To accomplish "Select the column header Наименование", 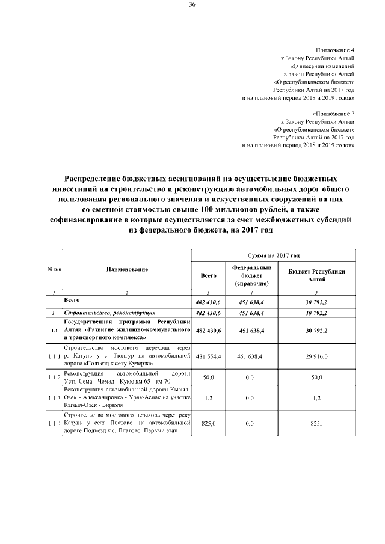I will [127, 270].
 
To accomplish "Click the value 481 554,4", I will [209, 356].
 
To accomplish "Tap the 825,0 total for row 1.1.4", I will [209, 424].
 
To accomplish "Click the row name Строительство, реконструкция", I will [110, 313].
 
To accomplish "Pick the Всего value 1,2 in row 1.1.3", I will [209, 399].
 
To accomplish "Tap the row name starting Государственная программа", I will [127, 331].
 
